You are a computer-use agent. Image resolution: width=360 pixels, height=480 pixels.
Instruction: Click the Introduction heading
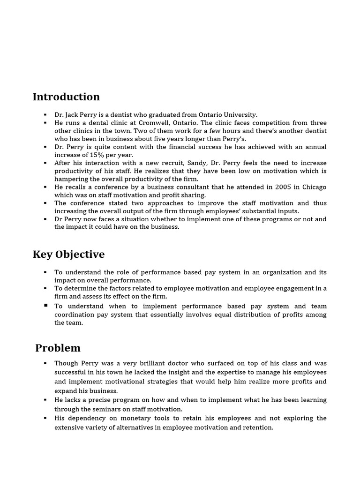tap(66, 97)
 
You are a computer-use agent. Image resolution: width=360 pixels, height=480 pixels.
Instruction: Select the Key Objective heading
tap(68, 255)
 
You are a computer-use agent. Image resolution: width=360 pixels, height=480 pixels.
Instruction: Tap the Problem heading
tap(58, 348)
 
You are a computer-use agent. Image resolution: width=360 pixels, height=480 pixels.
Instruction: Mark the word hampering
tap(71, 179)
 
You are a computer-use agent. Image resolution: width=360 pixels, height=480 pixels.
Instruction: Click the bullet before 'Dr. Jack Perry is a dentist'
tap(45, 115)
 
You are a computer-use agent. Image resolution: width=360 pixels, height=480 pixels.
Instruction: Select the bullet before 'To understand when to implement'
tap(45, 306)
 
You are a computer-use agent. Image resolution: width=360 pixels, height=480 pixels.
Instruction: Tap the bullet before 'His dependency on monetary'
tap(45, 418)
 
